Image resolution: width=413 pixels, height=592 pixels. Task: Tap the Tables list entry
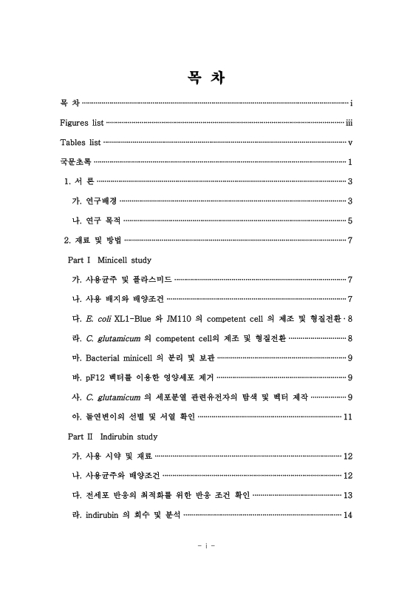coord(80,141)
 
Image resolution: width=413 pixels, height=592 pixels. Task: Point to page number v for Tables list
coord(349,141)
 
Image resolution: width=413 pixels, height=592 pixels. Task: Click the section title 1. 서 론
coord(79,181)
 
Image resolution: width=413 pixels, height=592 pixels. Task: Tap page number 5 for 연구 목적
coord(349,221)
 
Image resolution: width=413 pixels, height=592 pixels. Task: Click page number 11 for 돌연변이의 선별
coord(347,417)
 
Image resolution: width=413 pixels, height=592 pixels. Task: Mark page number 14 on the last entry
coord(347,515)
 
